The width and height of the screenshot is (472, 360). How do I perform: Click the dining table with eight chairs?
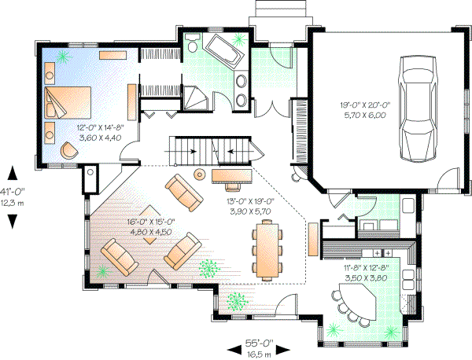(x=267, y=250)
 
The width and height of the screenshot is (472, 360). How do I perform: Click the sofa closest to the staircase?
(x=183, y=191)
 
